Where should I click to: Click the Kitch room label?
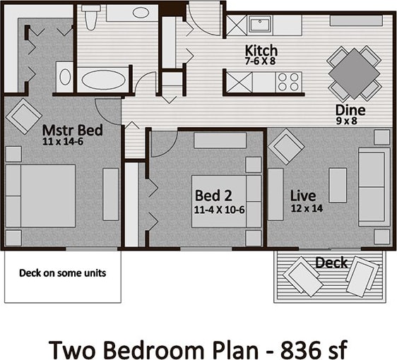pyautogui.click(x=261, y=51)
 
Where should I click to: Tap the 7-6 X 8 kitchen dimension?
pyautogui.click(x=261, y=61)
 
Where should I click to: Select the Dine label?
pyautogui.click(x=350, y=110)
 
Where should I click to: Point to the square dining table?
pyautogui.click(x=355, y=73)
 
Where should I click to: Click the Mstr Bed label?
pyautogui.click(x=72, y=130)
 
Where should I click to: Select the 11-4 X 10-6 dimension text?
pyautogui.click(x=219, y=209)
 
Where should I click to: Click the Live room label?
pyautogui.click(x=303, y=195)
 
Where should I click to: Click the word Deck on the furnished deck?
pyautogui.click(x=331, y=263)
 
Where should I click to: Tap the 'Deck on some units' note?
pyautogui.click(x=62, y=272)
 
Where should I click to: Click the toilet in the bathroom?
pyautogui.click(x=90, y=17)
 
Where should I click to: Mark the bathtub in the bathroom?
pyautogui.click(x=105, y=78)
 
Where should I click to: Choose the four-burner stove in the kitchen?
pyautogui.click(x=288, y=83)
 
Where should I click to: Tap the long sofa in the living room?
pyautogui.click(x=374, y=186)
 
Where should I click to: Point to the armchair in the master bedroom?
pyautogui.click(x=23, y=114)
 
